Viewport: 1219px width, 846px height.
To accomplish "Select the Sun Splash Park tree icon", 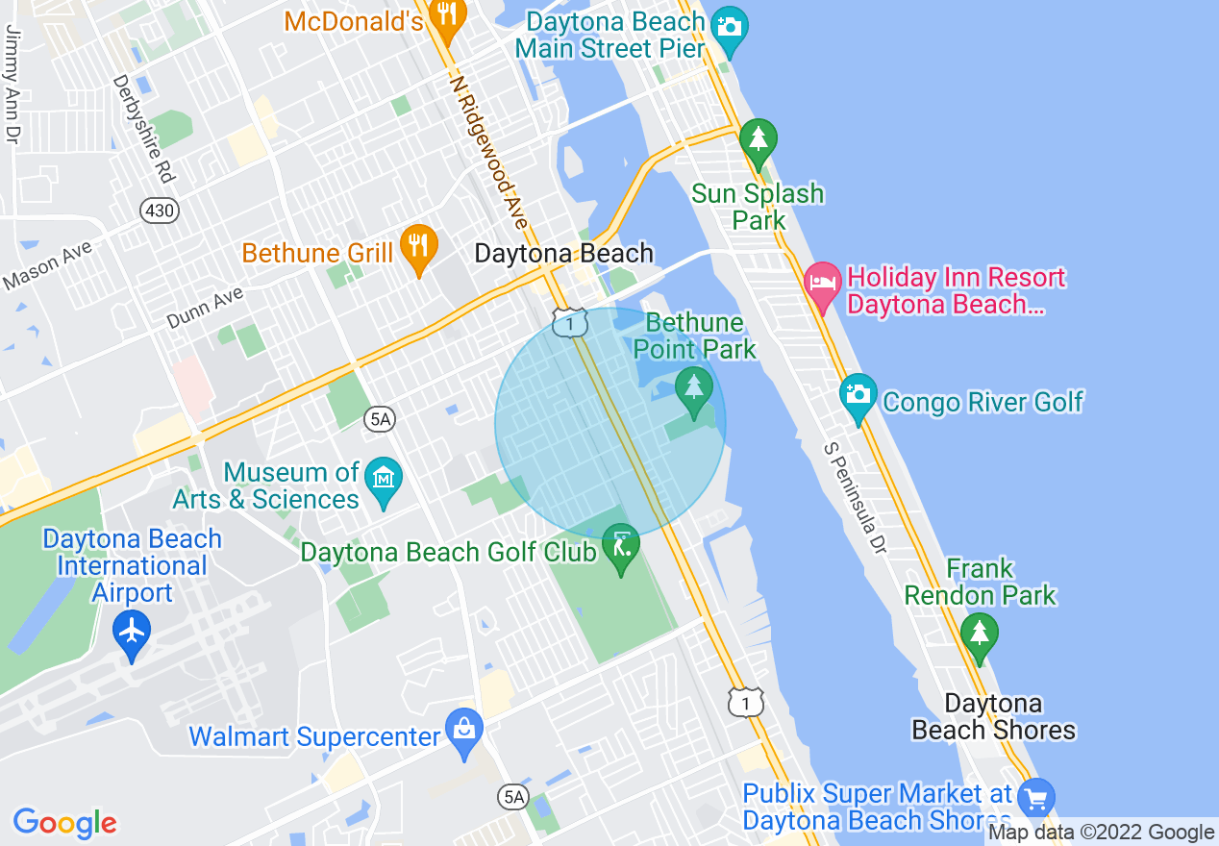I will coord(759,140).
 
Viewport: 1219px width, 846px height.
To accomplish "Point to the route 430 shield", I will coord(160,211).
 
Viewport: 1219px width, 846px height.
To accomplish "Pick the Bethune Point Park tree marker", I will coord(693,389).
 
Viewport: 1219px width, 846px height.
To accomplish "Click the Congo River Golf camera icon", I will coord(858,395).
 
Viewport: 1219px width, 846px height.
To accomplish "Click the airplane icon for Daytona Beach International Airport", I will coord(132,632).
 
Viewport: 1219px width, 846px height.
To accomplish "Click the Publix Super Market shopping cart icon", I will coord(1035,798).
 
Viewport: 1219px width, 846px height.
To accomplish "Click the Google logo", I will coord(65,823).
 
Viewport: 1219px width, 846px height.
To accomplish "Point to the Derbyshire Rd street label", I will coord(142,130).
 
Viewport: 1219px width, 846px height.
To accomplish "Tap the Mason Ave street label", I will coord(48,265).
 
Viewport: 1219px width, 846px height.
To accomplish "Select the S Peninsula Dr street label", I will coord(854,499).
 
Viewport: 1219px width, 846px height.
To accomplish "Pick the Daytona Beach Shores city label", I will coord(993,716).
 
